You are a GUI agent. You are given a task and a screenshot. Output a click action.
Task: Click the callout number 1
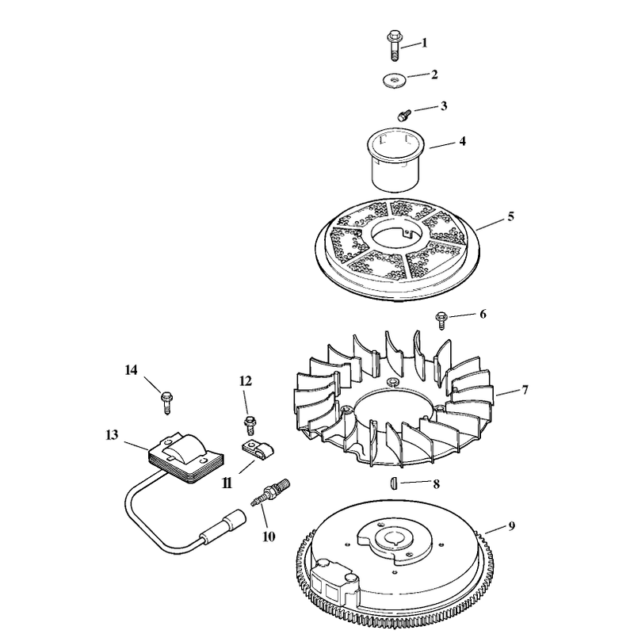pyautogui.click(x=424, y=43)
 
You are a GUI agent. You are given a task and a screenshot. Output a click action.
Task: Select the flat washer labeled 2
pyautogui.click(x=394, y=80)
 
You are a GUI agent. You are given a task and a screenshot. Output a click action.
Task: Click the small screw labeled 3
pyautogui.click(x=404, y=115)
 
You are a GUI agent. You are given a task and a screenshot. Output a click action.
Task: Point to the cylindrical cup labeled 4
pyautogui.click(x=396, y=159)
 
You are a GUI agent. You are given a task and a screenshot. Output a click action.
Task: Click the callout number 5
pyautogui.click(x=510, y=216)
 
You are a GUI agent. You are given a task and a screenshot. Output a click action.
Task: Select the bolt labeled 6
pyautogui.click(x=441, y=320)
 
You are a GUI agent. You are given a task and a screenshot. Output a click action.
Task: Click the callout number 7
pyautogui.click(x=525, y=390)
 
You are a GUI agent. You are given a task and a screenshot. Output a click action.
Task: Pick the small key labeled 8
pyautogui.click(x=394, y=484)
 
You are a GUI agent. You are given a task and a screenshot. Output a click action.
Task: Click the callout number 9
pyautogui.click(x=511, y=526)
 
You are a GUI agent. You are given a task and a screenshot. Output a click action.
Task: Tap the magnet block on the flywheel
pyautogui.click(x=334, y=581)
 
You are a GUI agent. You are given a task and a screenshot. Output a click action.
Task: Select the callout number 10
pyautogui.click(x=269, y=537)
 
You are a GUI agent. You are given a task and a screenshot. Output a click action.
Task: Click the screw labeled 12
pyautogui.click(x=250, y=423)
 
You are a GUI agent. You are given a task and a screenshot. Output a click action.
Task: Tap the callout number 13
pyautogui.click(x=112, y=435)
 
